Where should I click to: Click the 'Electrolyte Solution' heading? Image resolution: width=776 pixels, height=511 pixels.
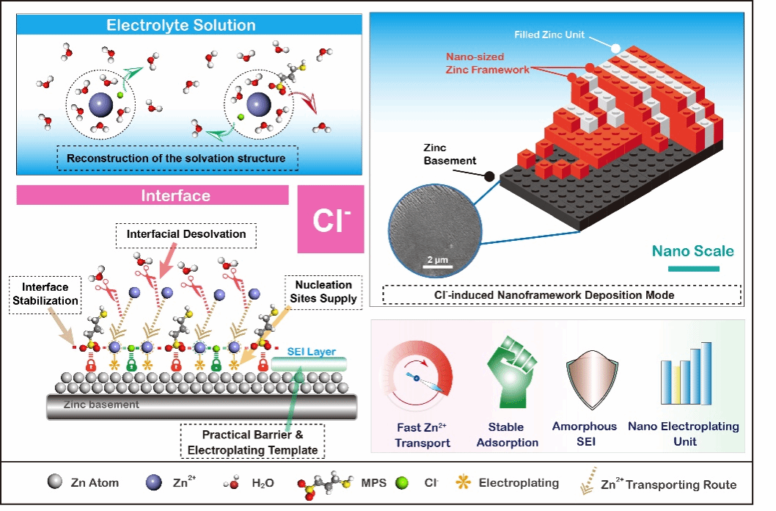[x=180, y=25]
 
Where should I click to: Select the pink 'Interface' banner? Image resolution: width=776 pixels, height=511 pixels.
[x=153, y=195]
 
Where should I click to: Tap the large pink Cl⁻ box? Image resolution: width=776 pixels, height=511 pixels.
[x=331, y=219]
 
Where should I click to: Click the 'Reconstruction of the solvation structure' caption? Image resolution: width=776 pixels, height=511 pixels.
[x=177, y=159]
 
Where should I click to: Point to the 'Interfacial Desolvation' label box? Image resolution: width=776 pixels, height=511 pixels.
[x=186, y=235]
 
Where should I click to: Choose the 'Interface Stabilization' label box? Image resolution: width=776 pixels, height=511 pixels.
[x=45, y=294]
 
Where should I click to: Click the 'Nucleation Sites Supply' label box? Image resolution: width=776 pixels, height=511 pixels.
[x=323, y=292]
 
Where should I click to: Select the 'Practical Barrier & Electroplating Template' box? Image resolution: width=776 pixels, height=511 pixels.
[x=252, y=442]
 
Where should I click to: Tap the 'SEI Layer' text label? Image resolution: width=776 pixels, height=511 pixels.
[x=311, y=352]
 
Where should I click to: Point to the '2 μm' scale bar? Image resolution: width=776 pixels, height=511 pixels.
[x=438, y=267]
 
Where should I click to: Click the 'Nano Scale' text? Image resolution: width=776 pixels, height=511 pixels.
[x=693, y=251]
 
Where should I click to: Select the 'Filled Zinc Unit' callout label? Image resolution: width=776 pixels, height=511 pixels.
[x=549, y=35]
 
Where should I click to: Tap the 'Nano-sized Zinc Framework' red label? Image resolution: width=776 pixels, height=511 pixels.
[x=488, y=63]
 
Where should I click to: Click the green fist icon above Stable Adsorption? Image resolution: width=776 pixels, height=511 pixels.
[x=510, y=372]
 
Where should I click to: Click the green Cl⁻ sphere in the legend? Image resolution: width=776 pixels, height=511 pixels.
[x=403, y=483]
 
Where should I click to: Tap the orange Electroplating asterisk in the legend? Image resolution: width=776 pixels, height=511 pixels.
[x=464, y=482]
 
